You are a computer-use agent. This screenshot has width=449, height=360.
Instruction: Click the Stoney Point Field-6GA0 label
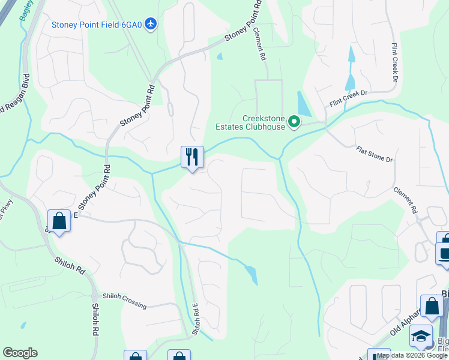click(97, 25)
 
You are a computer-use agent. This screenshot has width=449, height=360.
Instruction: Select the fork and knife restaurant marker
click(192, 157)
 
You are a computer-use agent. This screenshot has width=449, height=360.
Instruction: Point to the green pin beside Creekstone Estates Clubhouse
click(294, 122)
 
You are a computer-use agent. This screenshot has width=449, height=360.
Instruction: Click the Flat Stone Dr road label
click(373, 155)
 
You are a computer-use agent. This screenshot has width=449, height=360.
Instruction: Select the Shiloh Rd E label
click(195, 318)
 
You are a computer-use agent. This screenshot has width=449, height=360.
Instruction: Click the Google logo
click(20, 353)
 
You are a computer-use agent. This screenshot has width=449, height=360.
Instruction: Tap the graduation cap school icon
click(421, 337)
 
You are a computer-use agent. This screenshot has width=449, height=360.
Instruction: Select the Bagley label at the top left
click(25, 11)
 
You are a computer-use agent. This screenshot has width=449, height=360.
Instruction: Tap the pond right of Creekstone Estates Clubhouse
click(304, 104)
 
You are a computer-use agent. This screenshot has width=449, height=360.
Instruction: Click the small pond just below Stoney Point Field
click(220, 56)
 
